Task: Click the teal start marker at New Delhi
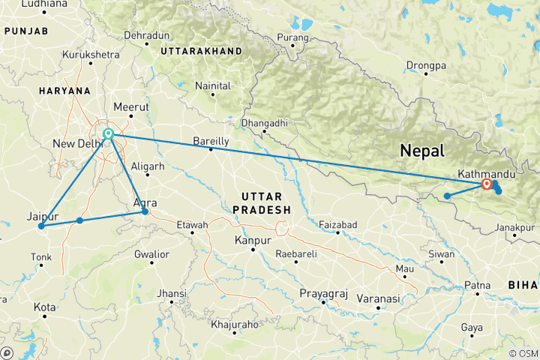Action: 109,134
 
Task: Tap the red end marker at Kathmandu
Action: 487,183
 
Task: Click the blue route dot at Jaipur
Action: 41,226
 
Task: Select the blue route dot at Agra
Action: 145,212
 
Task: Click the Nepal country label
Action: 422,150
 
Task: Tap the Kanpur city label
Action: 252,241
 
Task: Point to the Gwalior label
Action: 151,254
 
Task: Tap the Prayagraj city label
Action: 323,292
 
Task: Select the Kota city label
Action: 44,307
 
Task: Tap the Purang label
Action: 292,37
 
